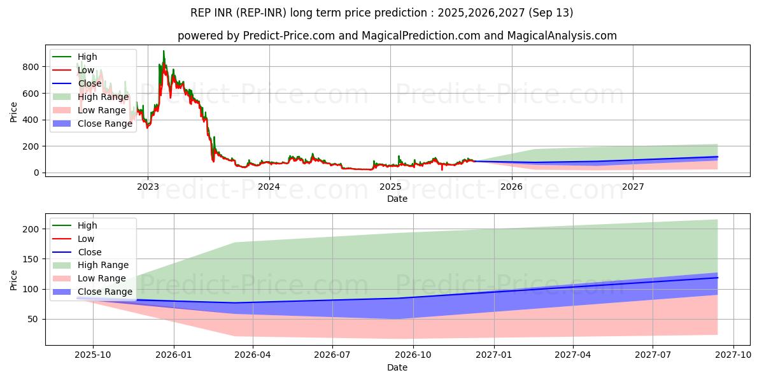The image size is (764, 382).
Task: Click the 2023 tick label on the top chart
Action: point(148,187)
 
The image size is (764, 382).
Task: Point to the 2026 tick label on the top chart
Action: point(511,187)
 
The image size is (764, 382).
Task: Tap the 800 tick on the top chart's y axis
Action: point(31,67)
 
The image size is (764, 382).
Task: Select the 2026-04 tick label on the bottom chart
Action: point(253,355)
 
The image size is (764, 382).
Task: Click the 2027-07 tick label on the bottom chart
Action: point(653,355)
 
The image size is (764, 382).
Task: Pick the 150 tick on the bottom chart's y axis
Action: point(31,259)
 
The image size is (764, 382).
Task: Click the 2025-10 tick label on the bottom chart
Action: point(93,355)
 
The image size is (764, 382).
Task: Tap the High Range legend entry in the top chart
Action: point(90,97)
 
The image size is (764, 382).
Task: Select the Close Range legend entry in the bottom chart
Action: point(92,292)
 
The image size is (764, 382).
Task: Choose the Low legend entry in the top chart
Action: point(73,70)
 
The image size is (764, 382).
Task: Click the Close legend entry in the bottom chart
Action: point(77,252)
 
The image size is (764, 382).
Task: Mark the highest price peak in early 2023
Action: point(164,51)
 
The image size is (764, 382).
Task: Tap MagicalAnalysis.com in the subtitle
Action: point(562,36)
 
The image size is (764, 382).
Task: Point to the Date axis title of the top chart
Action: point(397,199)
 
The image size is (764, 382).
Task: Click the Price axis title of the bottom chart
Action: point(13,280)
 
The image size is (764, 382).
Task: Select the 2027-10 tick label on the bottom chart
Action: point(733,355)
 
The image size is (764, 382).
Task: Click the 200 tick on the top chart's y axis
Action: point(31,146)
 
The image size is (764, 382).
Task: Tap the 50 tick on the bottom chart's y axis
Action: point(32,319)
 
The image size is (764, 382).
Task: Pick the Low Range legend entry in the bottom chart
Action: point(89,278)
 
